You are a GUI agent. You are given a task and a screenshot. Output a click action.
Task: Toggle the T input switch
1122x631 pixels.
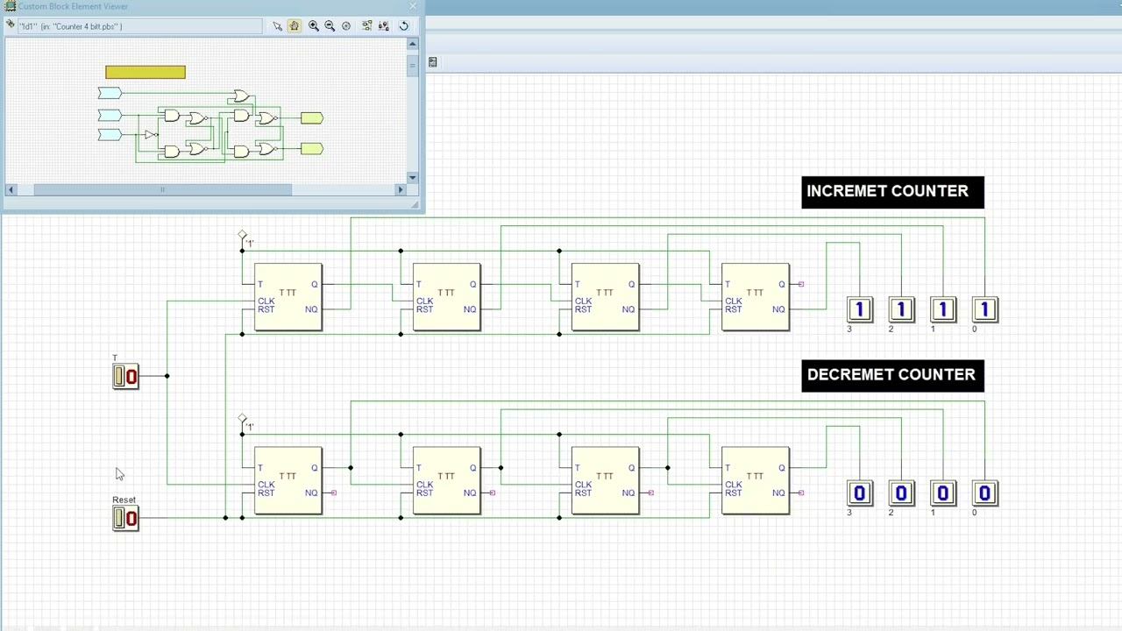click(x=125, y=377)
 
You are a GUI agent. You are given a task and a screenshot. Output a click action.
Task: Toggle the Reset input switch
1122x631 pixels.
click(x=125, y=519)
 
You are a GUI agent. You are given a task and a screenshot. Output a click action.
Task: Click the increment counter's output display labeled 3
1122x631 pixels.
click(x=859, y=309)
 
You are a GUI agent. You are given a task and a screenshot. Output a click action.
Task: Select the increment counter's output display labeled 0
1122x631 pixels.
click(x=984, y=309)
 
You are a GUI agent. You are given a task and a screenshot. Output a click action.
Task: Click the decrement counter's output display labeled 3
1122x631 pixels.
click(x=859, y=493)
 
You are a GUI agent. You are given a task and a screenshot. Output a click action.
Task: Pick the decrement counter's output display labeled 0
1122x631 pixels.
click(x=984, y=493)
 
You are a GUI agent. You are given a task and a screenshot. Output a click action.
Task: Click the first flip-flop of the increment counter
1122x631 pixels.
click(x=288, y=297)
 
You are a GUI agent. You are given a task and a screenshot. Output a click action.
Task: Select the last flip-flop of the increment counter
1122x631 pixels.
click(x=756, y=297)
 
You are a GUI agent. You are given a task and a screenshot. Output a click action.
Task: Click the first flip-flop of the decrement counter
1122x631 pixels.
click(x=288, y=480)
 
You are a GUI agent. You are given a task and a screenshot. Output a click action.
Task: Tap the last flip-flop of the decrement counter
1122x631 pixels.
click(x=756, y=480)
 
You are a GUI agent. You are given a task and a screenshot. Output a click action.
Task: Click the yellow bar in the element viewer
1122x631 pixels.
click(x=146, y=72)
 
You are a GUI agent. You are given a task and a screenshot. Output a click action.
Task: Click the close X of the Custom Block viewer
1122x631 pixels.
click(x=413, y=6)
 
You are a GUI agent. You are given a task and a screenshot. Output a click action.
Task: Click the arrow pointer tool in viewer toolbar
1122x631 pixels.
click(x=277, y=26)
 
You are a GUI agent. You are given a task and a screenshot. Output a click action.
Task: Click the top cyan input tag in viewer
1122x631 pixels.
click(x=110, y=93)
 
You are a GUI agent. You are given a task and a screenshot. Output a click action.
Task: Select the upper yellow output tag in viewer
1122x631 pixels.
click(x=312, y=118)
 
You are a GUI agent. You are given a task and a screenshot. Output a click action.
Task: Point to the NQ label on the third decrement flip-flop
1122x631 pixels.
click(x=628, y=493)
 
